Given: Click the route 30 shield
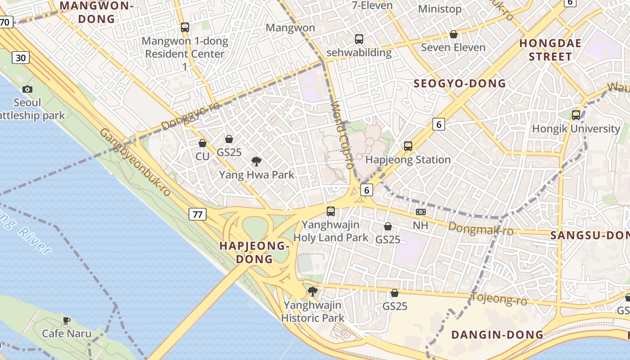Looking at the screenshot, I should [x=21, y=58].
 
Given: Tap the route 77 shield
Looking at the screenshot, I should [x=198, y=214].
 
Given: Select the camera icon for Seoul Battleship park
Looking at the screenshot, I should [x=27, y=89].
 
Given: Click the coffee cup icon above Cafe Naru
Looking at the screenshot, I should [x=67, y=320].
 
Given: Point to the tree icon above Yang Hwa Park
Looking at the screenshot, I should [x=256, y=161].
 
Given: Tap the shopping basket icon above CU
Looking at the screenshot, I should [x=202, y=143].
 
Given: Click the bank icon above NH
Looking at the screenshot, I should [x=421, y=211].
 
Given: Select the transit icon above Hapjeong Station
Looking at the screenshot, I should [x=408, y=146].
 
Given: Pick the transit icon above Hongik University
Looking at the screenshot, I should [x=576, y=115].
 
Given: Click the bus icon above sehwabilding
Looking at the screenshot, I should [x=359, y=39].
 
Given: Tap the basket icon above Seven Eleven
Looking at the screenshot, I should [x=454, y=34].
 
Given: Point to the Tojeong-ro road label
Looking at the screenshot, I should [x=498, y=298].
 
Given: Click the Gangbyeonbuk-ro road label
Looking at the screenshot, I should [x=135, y=162].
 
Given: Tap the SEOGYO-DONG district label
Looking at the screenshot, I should [x=459, y=84].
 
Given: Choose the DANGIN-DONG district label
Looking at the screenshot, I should [x=497, y=335].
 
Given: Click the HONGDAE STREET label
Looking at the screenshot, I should [x=550, y=50].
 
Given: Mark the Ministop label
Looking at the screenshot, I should [x=440, y=9].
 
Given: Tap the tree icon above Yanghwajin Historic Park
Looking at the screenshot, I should [x=312, y=292].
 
